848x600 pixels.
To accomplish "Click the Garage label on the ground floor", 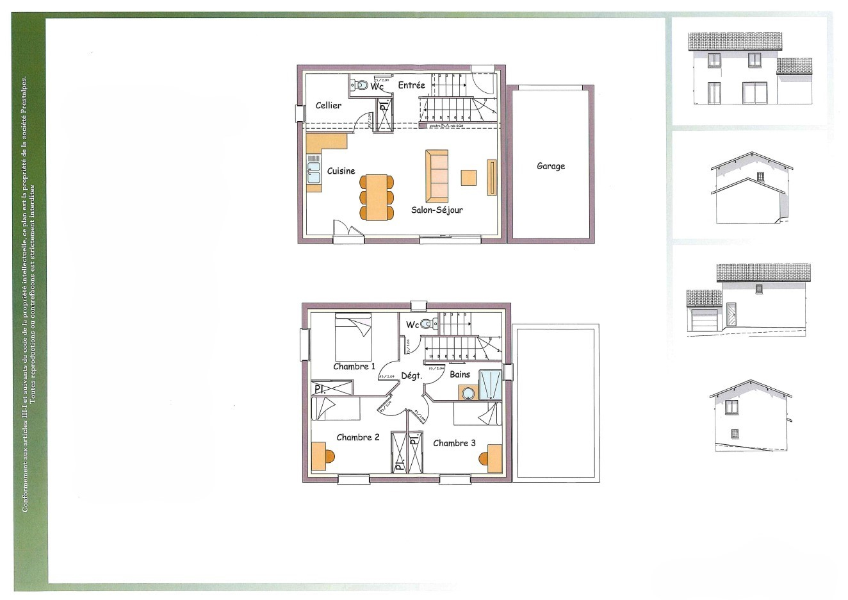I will point(551,166).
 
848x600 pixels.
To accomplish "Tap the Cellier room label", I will point(329,105).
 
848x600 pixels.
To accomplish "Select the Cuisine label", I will point(341,171).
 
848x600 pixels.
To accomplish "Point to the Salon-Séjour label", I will point(437,210).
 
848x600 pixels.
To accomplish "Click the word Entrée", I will point(411,85).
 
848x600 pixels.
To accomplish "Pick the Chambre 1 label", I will point(354,367).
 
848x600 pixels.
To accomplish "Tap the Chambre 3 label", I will point(454,443).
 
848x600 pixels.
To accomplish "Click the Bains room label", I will point(460,374).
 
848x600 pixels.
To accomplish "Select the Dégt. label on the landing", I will point(411,376).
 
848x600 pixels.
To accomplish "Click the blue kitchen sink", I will point(314,172).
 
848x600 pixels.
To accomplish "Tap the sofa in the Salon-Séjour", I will point(436,176).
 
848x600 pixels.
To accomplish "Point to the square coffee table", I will point(469,178).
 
